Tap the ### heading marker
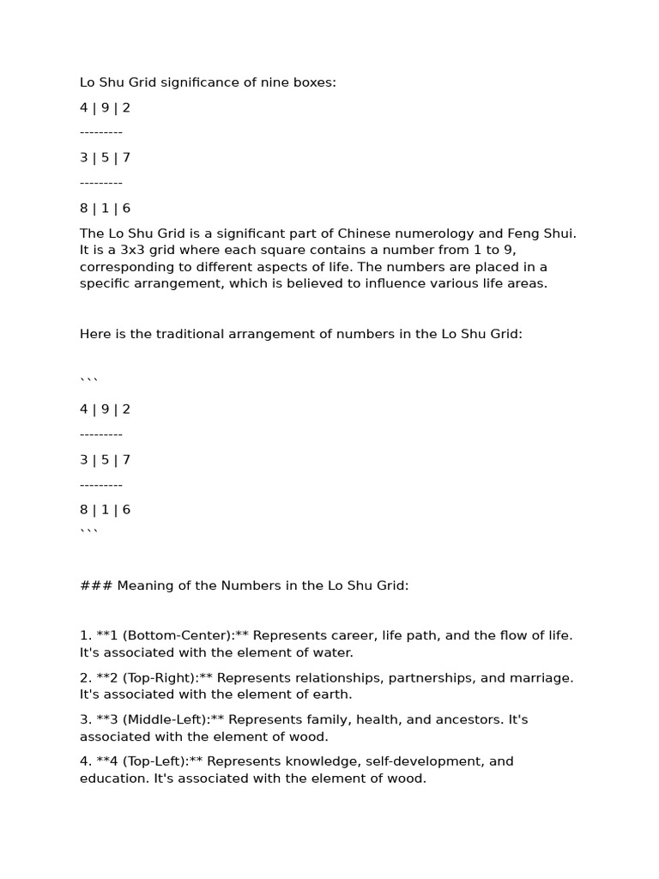click(95, 585)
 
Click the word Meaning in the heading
click(146, 585)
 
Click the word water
click(332, 652)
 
